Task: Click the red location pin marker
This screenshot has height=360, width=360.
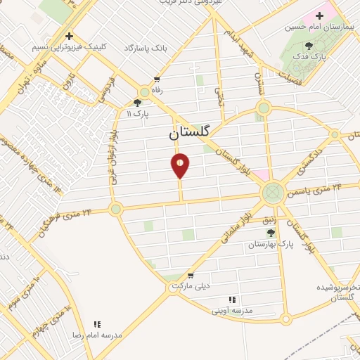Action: [181, 165]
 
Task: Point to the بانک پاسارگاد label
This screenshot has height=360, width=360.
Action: [146, 49]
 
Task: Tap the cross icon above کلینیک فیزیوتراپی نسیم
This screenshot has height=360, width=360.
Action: [69, 36]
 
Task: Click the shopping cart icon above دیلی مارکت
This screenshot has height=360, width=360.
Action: [190, 275]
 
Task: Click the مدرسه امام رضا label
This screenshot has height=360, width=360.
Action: [96, 335]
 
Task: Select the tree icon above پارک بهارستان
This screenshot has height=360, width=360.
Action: [271, 232]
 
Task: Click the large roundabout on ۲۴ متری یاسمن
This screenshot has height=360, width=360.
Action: [273, 192]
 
